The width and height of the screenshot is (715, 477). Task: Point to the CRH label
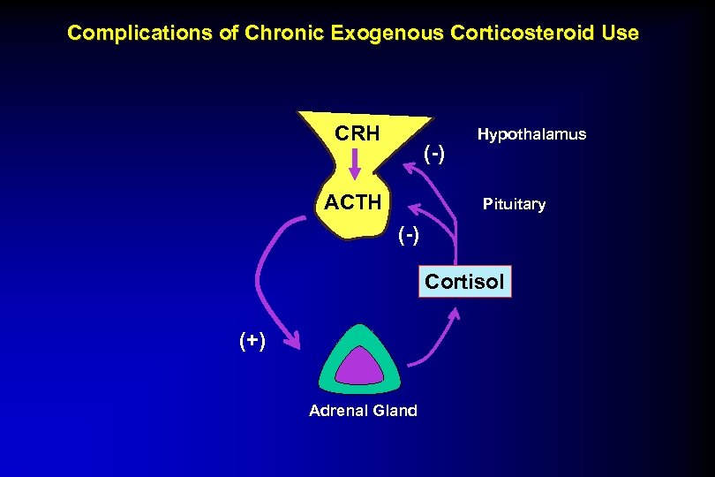pos(357,134)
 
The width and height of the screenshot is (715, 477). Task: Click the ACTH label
pos(353,202)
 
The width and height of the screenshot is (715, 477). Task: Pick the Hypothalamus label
pos(531,134)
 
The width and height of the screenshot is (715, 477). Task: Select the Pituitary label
pos(514,204)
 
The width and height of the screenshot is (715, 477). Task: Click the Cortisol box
pos(464,282)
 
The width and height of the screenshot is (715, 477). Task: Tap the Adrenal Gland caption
pos(363,411)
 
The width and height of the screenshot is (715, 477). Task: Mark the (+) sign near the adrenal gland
pos(251,342)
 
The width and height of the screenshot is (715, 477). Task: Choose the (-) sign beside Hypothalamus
pos(434,155)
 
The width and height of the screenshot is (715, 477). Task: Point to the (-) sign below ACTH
pos(409,235)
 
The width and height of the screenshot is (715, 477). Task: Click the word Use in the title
pos(619,34)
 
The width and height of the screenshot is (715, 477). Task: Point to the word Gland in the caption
pos(394,411)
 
